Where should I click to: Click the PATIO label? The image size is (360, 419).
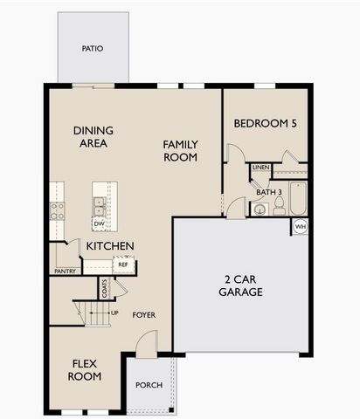click(93, 49)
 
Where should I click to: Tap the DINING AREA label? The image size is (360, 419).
click(93, 137)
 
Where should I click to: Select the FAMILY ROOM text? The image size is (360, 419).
click(180, 150)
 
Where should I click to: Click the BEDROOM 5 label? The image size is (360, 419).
click(265, 124)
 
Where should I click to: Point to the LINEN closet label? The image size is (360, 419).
click(260, 167)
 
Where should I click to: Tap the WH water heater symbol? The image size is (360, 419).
click(300, 227)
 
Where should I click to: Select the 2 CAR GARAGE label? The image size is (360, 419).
click(240, 285)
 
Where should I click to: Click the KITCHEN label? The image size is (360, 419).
click(109, 246)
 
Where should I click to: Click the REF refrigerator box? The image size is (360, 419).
click(123, 264)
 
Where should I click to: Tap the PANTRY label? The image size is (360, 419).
click(65, 271)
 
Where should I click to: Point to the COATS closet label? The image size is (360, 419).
click(105, 289)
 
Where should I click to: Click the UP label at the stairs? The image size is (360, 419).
click(114, 313)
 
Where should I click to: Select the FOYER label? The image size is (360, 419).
click(144, 314)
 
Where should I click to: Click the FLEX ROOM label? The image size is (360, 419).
click(85, 369)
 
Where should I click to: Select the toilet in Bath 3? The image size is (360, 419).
click(279, 206)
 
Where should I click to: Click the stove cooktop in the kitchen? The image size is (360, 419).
click(57, 209)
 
